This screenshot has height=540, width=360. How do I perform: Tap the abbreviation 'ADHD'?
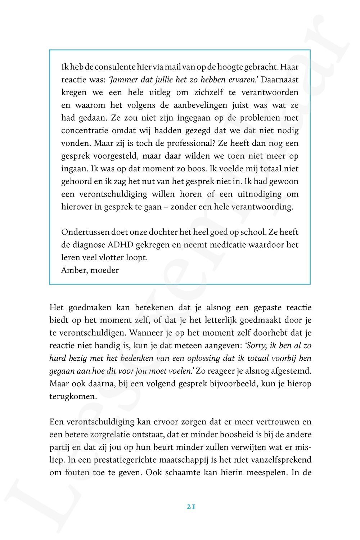[x=120, y=245]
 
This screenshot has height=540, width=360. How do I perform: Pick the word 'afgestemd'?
[x=292, y=371]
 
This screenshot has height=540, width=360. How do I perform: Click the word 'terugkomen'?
[x=68, y=396]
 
